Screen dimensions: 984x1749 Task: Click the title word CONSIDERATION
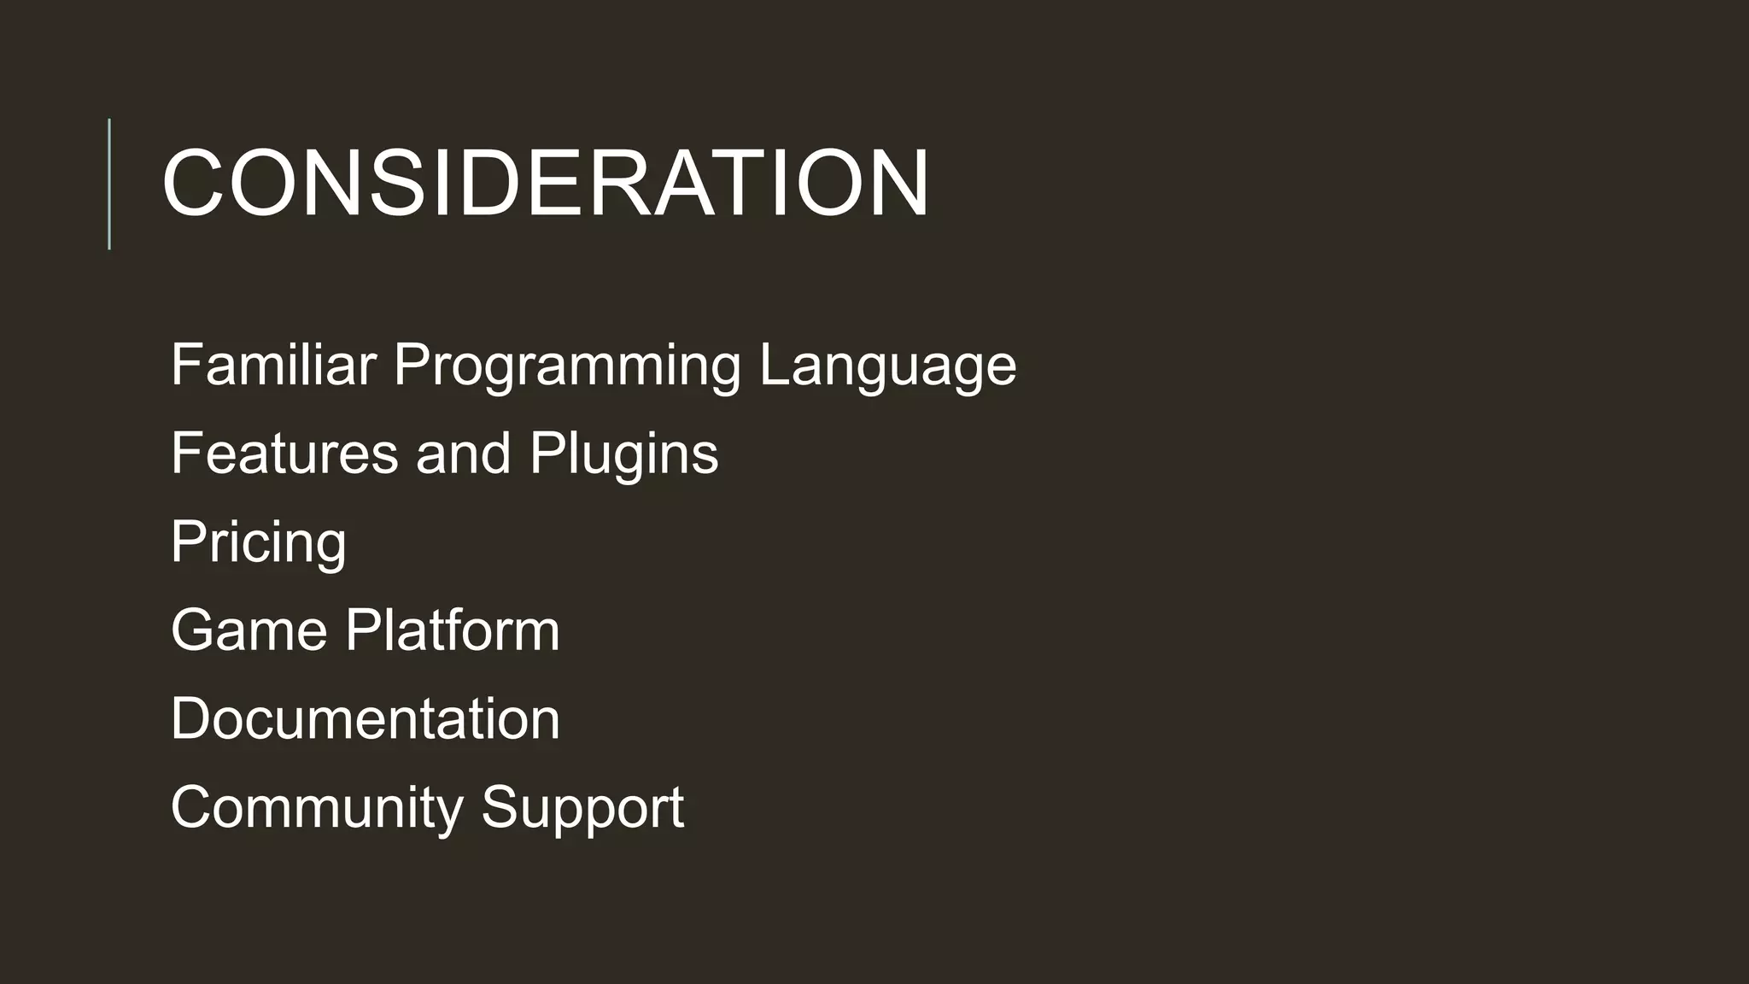[x=545, y=183]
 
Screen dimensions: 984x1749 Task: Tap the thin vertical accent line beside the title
[x=109, y=184]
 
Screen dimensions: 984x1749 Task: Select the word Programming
[x=567, y=366]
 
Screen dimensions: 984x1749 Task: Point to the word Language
[x=888, y=366]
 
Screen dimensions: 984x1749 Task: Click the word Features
[x=284, y=453]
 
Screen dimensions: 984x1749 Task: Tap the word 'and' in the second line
[x=463, y=453]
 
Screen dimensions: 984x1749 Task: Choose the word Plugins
[x=623, y=454]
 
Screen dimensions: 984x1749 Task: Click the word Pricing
[x=258, y=542]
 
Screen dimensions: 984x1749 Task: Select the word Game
[x=249, y=630]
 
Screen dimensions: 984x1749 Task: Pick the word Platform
[x=452, y=630]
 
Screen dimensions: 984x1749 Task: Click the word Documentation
[x=365, y=718]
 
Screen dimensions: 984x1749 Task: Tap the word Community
[x=316, y=808]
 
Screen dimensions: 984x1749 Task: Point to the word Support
[x=582, y=808]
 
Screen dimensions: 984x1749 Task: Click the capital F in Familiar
[x=186, y=364]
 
